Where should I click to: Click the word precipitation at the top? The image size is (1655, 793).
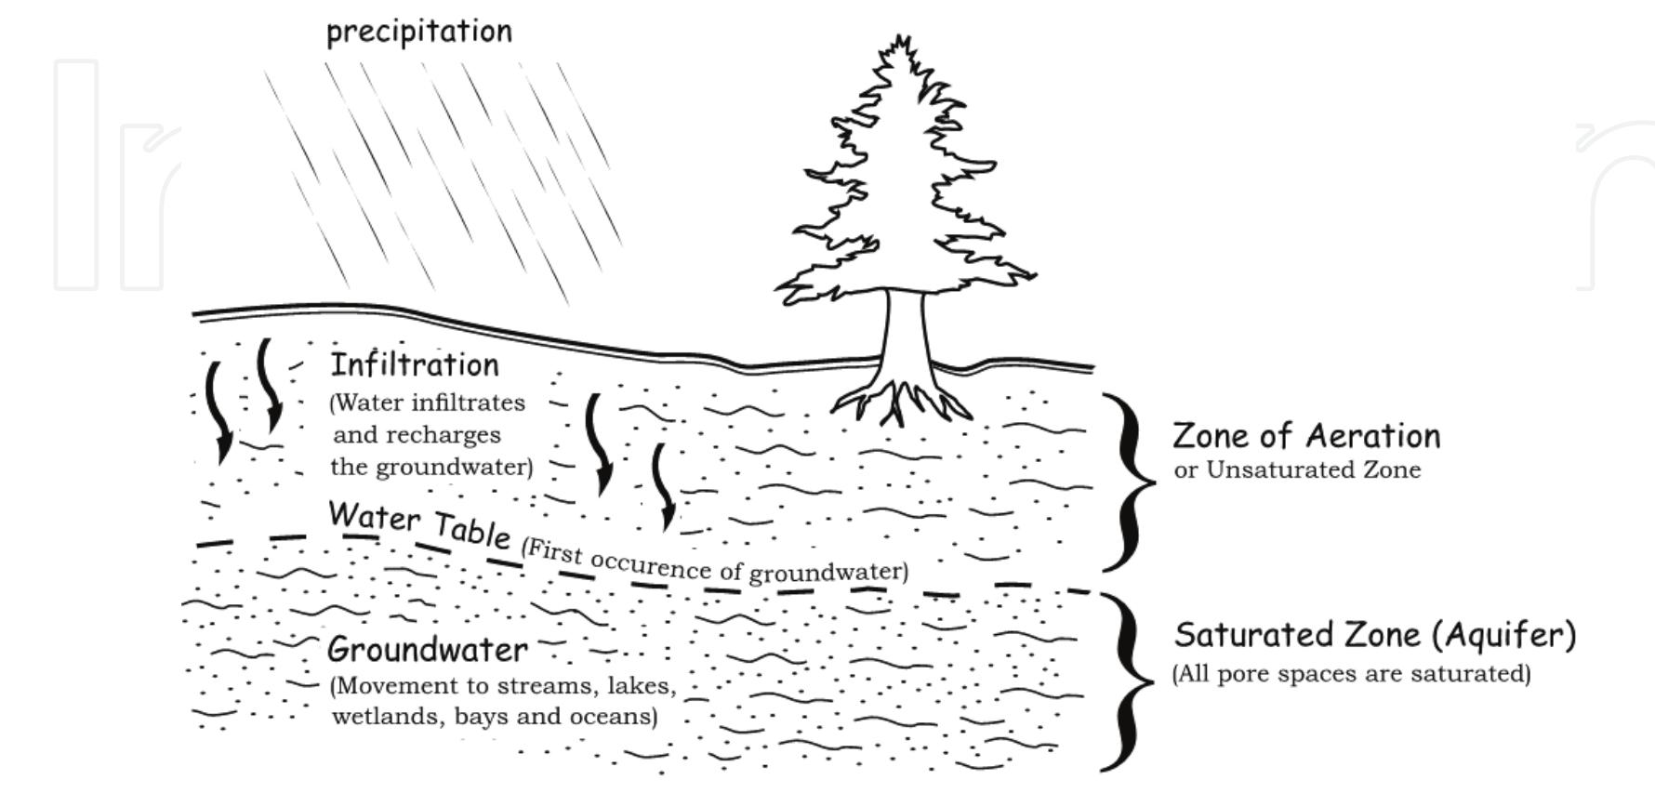click(x=418, y=32)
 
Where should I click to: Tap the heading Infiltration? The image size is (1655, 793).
click(x=415, y=364)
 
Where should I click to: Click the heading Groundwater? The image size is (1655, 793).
click(x=427, y=649)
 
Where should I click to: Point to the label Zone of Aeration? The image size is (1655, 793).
click(x=1305, y=436)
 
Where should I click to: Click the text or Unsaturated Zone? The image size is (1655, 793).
click(x=1296, y=470)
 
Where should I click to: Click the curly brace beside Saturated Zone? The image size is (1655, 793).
click(x=1128, y=681)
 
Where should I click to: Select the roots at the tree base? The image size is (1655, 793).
click(x=900, y=400)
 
